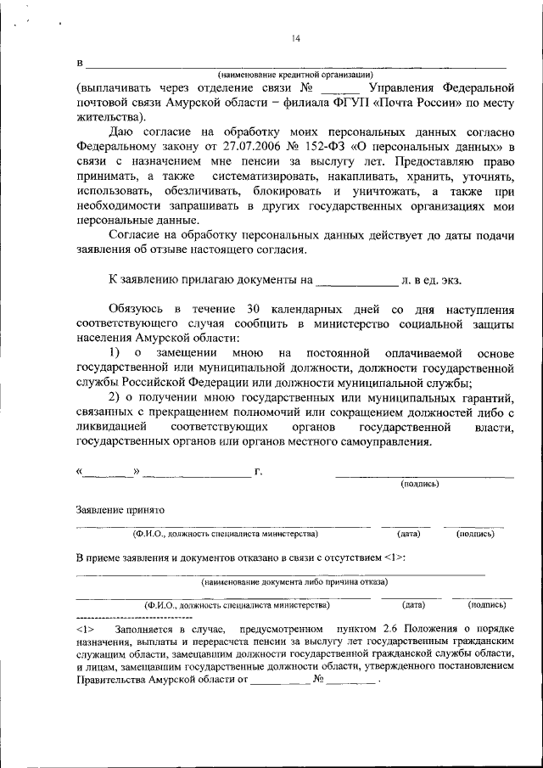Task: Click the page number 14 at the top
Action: point(296,37)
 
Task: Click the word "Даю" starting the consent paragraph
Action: point(124,132)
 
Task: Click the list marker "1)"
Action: point(115,352)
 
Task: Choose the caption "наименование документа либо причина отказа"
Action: point(294,582)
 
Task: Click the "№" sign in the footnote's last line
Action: point(320,680)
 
